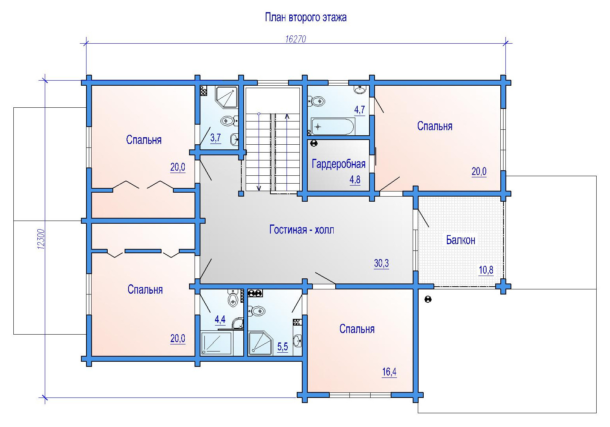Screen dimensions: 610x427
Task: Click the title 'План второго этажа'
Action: pyautogui.click(x=305, y=17)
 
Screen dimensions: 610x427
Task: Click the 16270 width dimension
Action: pyautogui.click(x=296, y=39)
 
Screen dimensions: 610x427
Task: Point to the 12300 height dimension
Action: pyautogui.click(x=41, y=239)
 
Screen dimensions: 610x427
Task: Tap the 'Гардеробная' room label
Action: pyautogui.click(x=338, y=164)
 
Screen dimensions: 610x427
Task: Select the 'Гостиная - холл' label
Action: pyautogui.click(x=302, y=230)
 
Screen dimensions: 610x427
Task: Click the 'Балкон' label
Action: pyautogui.click(x=461, y=240)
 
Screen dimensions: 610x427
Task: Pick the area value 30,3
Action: pyautogui.click(x=381, y=263)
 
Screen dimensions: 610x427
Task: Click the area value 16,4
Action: pyautogui.click(x=389, y=372)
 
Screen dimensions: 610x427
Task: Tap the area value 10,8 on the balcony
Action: pyautogui.click(x=486, y=270)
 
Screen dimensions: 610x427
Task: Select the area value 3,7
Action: pyautogui.click(x=215, y=138)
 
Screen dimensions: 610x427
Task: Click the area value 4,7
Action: pyautogui.click(x=360, y=110)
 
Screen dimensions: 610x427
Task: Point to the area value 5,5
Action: pyautogui.click(x=282, y=347)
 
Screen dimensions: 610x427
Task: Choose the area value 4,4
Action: pyautogui.click(x=220, y=319)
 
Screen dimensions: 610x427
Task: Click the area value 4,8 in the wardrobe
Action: pyautogui.click(x=355, y=180)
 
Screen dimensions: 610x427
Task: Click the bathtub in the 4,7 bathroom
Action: pyautogui.click(x=333, y=127)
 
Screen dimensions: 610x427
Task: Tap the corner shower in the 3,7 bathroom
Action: pyautogui.click(x=226, y=97)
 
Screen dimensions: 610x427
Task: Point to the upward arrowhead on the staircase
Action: pyautogui.click(x=287, y=117)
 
